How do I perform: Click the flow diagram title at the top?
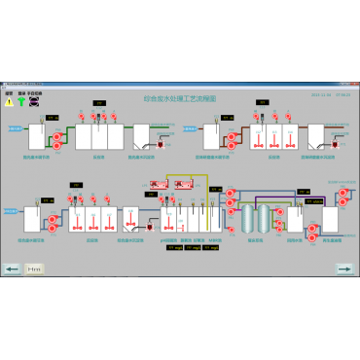click(180, 98)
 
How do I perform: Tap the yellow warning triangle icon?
click(10, 100)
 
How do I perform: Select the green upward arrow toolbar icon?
click(21, 100)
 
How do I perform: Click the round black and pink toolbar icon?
click(35, 100)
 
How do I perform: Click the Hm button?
click(34, 268)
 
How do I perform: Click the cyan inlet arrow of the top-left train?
click(15, 127)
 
